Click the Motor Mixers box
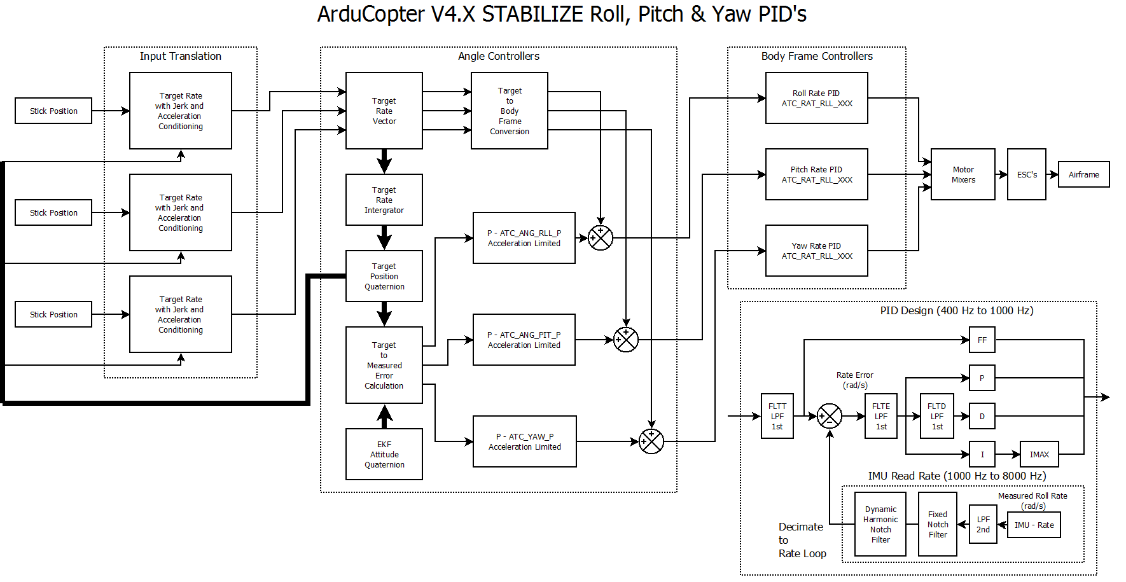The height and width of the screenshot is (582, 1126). click(x=963, y=174)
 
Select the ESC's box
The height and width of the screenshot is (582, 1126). click(x=1026, y=174)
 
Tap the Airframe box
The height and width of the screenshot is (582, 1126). click(x=1083, y=174)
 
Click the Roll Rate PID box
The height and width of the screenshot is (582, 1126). click(x=816, y=98)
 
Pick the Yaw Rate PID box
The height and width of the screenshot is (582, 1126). click(x=816, y=251)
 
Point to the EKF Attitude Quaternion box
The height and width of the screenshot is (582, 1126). click(x=384, y=454)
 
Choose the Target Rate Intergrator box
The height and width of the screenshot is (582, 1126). click(x=384, y=200)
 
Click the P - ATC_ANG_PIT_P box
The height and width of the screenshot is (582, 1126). click(x=524, y=340)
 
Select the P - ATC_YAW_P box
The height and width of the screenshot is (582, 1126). click(x=524, y=441)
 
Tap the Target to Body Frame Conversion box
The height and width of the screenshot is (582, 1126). click(x=509, y=111)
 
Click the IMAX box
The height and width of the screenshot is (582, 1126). click(x=1039, y=454)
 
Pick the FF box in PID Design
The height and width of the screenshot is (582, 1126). click(x=982, y=340)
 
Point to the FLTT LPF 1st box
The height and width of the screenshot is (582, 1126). click(x=777, y=416)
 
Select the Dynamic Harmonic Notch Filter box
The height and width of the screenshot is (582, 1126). click(x=880, y=524)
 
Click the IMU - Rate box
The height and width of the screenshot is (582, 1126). click(x=1034, y=525)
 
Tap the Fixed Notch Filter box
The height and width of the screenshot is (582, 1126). click(x=937, y=524)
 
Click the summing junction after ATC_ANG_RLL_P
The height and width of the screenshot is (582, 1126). click(x=600, y=238)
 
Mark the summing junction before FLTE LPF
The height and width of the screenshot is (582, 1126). click(x=829, y=416)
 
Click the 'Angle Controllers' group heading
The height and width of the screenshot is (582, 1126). click(x=498, y=56)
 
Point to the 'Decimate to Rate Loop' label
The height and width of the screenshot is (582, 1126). click(x=802, y=540)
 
